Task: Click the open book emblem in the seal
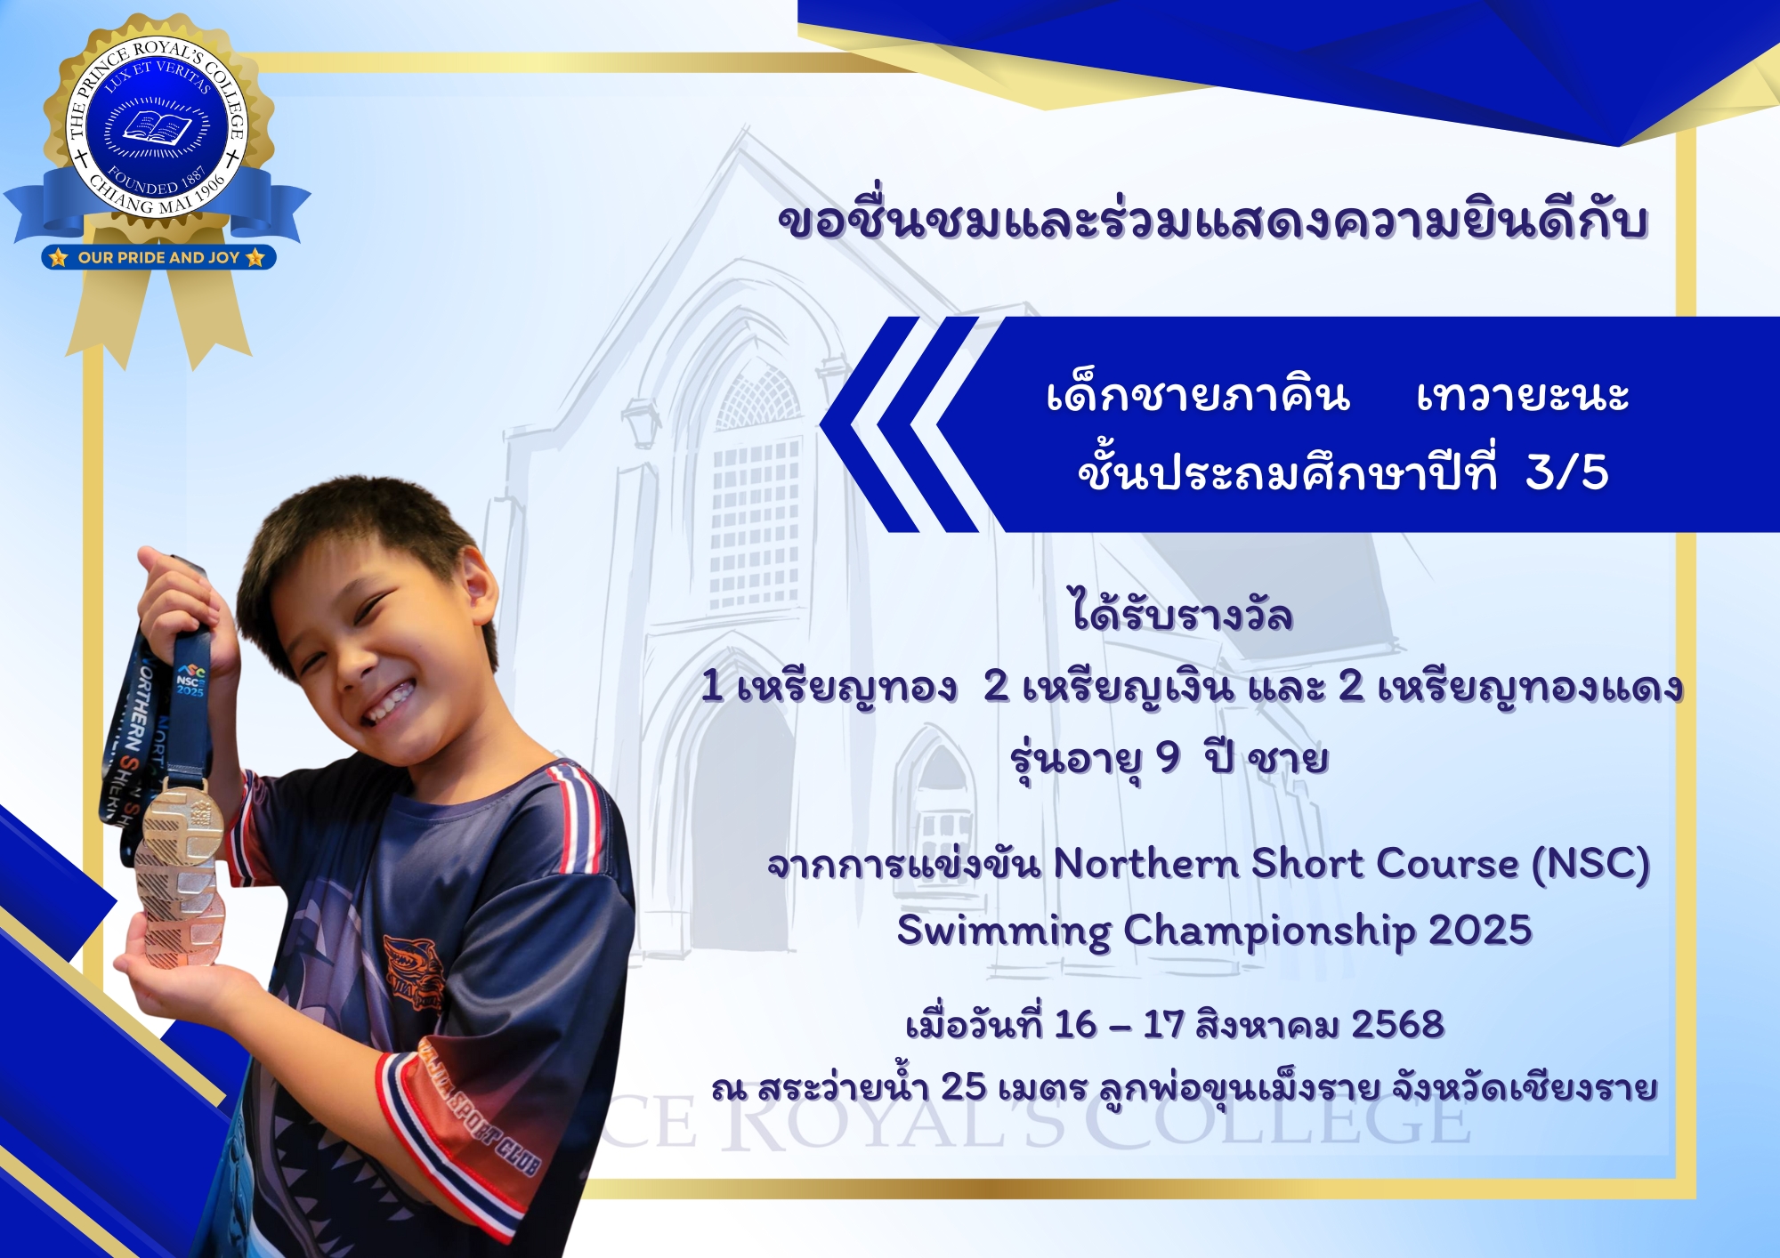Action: [x=157, y=127]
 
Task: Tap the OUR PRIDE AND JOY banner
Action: [x=158, y=257]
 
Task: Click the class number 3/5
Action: [x=1566, y=472]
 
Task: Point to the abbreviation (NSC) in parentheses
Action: [x=1590, y=864]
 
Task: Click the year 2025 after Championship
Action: [x=1480, y=930]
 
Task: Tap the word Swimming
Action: [x=1004, y=932]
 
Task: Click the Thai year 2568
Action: [x=1397, y=1024]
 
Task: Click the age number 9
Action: [x=1167, y=758]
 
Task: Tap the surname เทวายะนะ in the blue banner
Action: [x=1522, y=395]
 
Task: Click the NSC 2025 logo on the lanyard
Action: [x=190, y=679]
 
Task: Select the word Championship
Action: [x=1269, y=932]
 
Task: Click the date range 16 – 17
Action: [x=1119, y=1024]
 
